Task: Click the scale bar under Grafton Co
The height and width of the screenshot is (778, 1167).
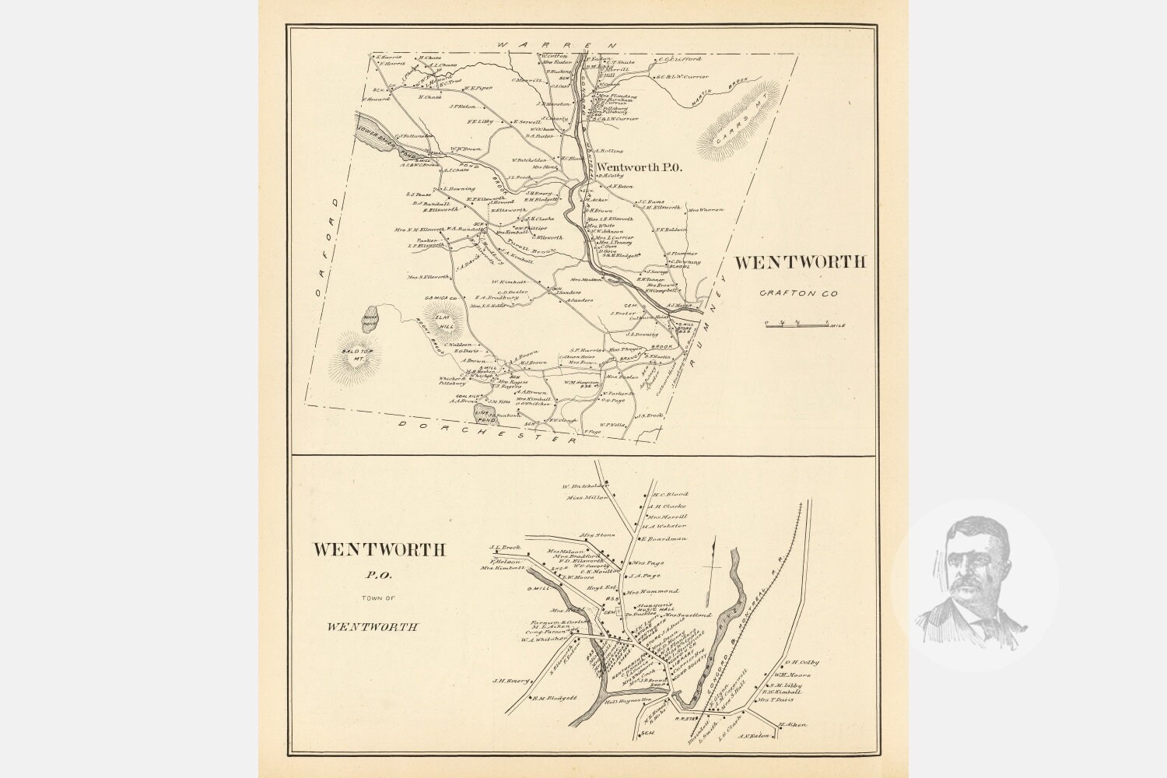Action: (794, 322)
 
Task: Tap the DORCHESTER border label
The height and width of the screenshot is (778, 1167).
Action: (490, 430)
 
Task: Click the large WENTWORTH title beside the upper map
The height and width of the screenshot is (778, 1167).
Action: (799, 262)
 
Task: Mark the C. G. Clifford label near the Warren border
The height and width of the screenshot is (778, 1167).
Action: (681, 59)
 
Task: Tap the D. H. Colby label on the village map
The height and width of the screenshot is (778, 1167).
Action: (802, 662)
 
